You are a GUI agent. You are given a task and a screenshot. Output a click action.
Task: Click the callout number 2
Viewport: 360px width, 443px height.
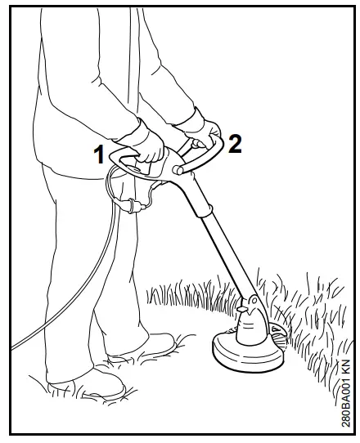tap(235, 144)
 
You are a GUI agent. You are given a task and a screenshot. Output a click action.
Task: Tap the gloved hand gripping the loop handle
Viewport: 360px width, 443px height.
tap(196, 131)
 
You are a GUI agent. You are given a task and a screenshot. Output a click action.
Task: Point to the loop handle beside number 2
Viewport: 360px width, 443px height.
tap(214, 151)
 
